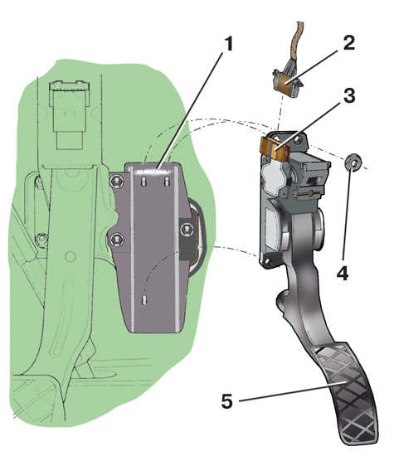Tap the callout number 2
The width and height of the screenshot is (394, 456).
coord(348,43)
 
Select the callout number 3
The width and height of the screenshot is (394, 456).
coord(349,95)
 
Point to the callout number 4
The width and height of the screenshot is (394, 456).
coord(343,273)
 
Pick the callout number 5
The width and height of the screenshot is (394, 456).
coord(227,401)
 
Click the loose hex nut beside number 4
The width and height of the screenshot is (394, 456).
coord(353,163)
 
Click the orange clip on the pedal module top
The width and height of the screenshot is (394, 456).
coord(275,149)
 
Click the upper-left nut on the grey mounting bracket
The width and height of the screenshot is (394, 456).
coord(117,182)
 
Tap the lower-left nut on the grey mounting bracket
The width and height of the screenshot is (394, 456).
coord(116,240)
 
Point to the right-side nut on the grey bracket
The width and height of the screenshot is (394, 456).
coord(187,230)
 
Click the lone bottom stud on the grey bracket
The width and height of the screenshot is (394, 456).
coord(144,300)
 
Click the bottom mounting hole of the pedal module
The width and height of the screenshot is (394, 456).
coord(266,262)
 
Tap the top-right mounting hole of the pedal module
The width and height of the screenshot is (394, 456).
coord(298,139)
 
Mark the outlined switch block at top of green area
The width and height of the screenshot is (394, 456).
coord(69,115)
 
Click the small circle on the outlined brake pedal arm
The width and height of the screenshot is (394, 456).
coord(71,256)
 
